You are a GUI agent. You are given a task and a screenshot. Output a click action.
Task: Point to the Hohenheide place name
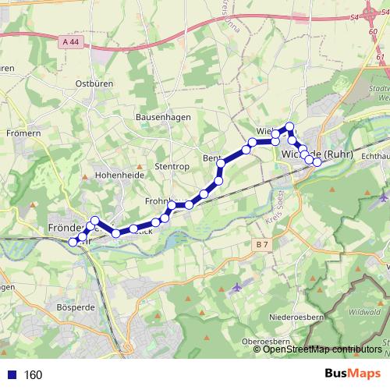click(x=118, y=176)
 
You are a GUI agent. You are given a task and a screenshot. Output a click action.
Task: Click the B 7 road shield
click(x=262, y=245)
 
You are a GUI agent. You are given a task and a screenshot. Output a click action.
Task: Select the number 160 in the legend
click(x=33, y=375)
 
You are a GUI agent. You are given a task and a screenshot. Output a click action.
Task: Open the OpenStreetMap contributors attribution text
click(x=323, y=349)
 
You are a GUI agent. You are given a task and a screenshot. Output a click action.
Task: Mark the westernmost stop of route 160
click(x=73, y=242)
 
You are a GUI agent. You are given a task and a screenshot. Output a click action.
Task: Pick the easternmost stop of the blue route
click(x=317, y=162)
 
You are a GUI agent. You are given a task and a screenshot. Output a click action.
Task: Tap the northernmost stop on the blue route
click(x=289, y=126)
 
